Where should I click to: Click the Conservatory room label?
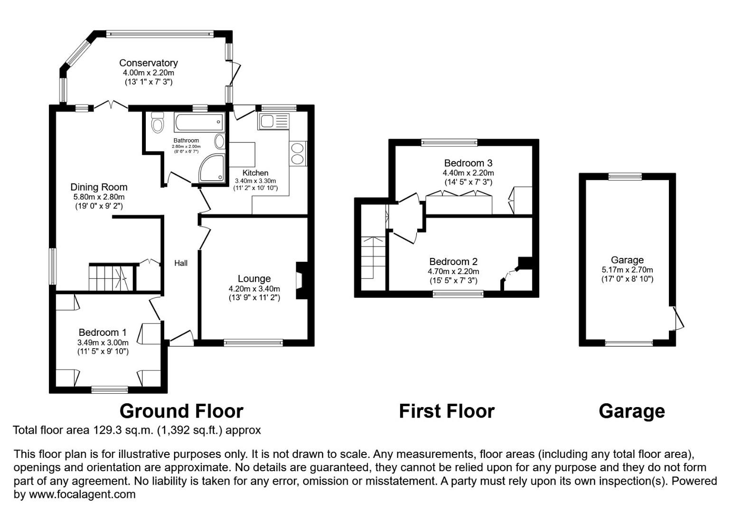point(148,63)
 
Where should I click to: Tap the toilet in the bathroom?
point(157,123)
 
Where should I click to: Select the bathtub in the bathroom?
point(198,123)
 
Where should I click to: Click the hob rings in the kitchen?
point(298,153)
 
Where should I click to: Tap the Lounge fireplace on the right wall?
point(301,280)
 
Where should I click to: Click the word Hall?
point(180,263)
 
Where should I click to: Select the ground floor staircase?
point(109,277)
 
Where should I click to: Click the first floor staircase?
point(374,258)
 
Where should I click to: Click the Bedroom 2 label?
point(453,261)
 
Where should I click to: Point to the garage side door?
point(678,318)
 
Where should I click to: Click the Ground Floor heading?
point(181,411)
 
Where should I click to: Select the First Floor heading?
point(446,411)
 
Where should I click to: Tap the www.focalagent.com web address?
point(82,494)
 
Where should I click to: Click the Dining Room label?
point(99,187)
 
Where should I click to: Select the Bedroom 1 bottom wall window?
point(109,389)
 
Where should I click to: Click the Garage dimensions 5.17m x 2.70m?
point(627,270)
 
